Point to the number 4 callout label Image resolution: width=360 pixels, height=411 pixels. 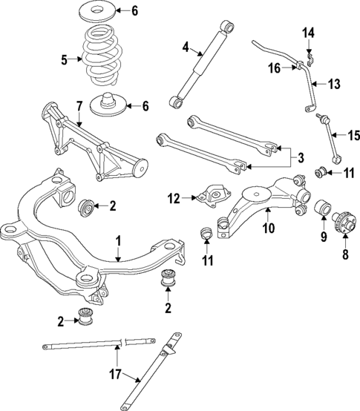[x=186, y=48]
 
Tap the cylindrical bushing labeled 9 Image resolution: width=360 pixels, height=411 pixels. [x=324, y=210]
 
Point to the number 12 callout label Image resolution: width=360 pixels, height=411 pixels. [x=174, y=198]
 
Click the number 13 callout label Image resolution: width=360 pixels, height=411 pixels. [x=334, y=84]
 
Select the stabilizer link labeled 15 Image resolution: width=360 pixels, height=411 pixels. [x=329, y=136]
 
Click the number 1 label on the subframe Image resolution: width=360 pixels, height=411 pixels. [x=117, y=240]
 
